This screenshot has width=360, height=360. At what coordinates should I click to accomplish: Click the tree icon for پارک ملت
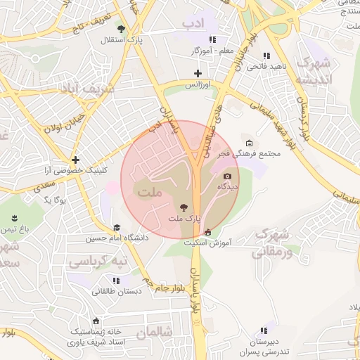tap(184, 207)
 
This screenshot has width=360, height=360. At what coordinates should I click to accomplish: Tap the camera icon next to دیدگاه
tap(227, 176)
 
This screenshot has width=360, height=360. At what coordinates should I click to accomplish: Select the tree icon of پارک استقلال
tap(122, 29)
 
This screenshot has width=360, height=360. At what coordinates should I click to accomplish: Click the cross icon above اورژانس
tap(198, 73)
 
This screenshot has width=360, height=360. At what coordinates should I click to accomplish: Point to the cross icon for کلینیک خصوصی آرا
tap(75, 160)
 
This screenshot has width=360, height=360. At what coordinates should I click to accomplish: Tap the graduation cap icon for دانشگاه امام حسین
tap(117, 227)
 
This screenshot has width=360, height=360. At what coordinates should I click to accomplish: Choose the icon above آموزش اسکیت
tap(207, 233)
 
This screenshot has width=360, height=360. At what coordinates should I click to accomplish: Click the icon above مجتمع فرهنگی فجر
tap(249, 143)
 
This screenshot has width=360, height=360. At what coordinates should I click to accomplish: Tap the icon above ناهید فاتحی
tap(266, 56)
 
